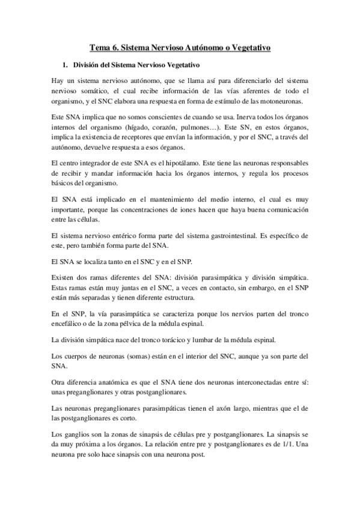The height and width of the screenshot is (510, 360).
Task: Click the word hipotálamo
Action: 190,164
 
